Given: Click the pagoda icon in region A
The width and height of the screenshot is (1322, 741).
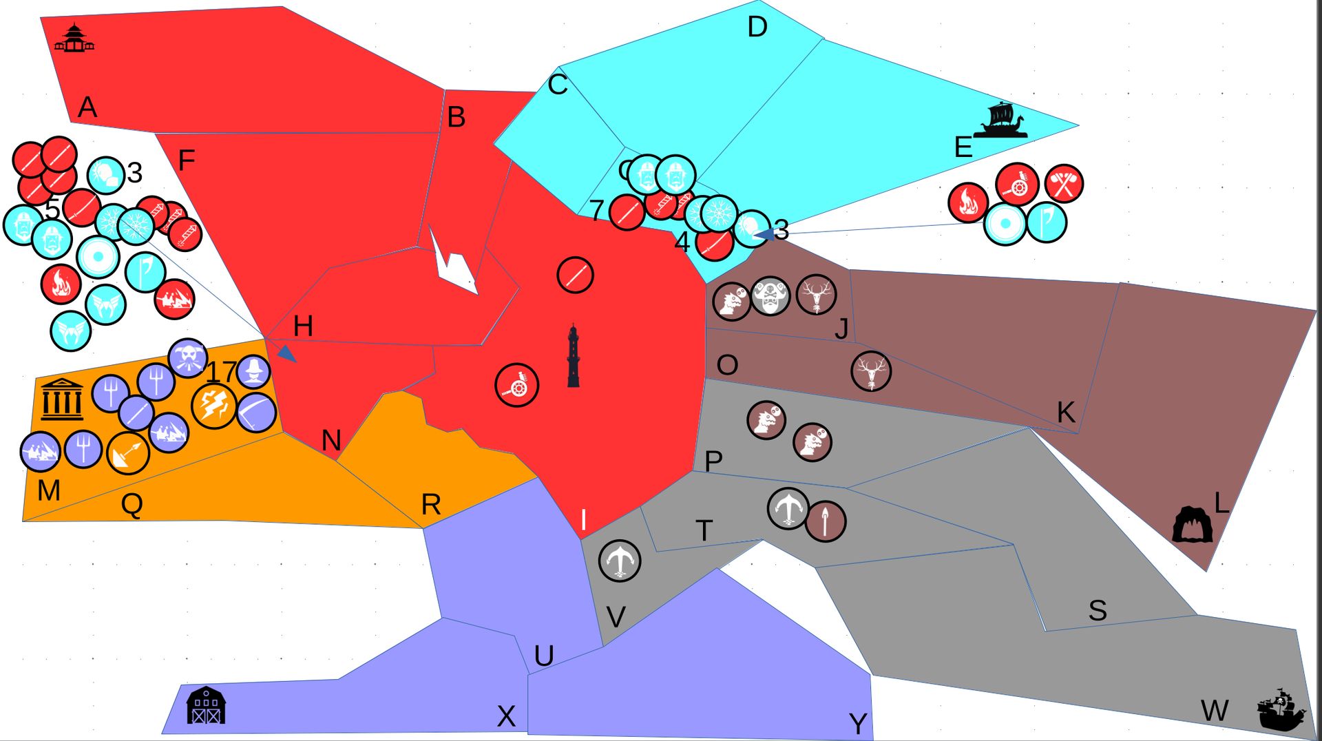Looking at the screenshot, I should point(74,39).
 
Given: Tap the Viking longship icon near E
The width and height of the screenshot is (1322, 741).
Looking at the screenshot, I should point(1000,121).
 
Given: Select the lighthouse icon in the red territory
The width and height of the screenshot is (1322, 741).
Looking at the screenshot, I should point(573,357).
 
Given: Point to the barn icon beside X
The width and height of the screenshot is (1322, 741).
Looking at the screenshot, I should point(206,705).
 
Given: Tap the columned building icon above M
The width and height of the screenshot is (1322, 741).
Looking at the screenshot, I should point(62,399).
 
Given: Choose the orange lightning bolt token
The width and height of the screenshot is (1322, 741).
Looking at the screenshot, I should point(213,406).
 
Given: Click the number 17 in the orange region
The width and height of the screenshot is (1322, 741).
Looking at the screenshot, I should point(221,373).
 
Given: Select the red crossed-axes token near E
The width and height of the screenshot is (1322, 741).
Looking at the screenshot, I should point(1064,184).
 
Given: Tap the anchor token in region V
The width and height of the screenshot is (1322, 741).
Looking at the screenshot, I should point(619,560).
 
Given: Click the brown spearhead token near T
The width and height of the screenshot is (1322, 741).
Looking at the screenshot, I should point(825,521).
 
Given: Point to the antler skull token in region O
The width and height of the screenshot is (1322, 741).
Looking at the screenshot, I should point(871,371).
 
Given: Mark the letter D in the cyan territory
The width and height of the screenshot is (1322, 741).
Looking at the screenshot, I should point(757,28).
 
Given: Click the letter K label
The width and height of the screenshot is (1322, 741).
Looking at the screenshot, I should point(1065,413).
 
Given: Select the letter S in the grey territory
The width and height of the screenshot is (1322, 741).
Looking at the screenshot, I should point(1098,610).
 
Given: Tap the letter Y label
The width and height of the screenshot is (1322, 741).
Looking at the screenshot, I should point(858,723).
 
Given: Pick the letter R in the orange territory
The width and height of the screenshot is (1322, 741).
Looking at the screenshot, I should point(431,505).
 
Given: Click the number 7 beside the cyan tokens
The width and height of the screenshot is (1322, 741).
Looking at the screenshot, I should point(596,210).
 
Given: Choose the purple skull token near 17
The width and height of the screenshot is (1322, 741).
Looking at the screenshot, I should point(187,358).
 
